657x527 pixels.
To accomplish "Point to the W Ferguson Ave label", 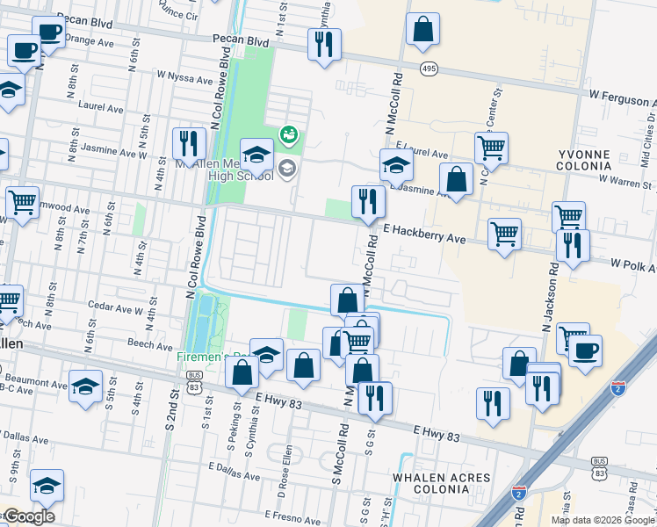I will [622, 93].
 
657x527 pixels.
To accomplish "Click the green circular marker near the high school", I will [287, 134].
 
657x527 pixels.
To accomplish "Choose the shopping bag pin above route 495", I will [422, 29].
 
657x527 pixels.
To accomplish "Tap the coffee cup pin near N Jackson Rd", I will [585, 351].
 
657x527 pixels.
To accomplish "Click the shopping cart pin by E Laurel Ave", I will [491, 148].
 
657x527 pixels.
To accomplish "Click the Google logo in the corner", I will [28, 516].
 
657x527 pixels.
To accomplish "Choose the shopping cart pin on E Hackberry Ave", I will [504, 235].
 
